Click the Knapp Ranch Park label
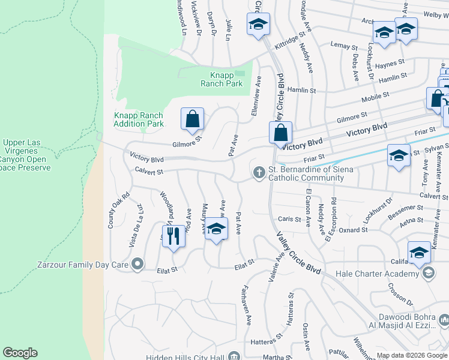[x=226, y=79]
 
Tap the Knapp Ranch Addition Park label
[x=139, y=119]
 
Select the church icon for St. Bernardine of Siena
[x=259, y=173]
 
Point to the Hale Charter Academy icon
[x=429, y=274]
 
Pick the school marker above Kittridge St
[x=259, y=24]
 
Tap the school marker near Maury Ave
[x=217, y=229]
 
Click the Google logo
[x=20, y=353]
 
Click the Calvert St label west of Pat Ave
[x=148, y=172]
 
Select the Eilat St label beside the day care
[x=167, y=270]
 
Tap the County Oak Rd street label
[x=110, y=210]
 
